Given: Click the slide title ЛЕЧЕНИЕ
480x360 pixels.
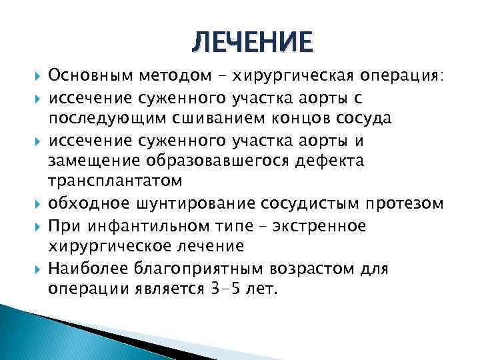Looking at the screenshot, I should [x=251, y=42].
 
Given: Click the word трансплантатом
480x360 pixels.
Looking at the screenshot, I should [x=114, y=182].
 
